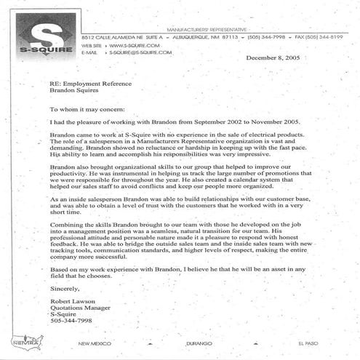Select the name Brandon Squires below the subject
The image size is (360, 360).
click(73, 92)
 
